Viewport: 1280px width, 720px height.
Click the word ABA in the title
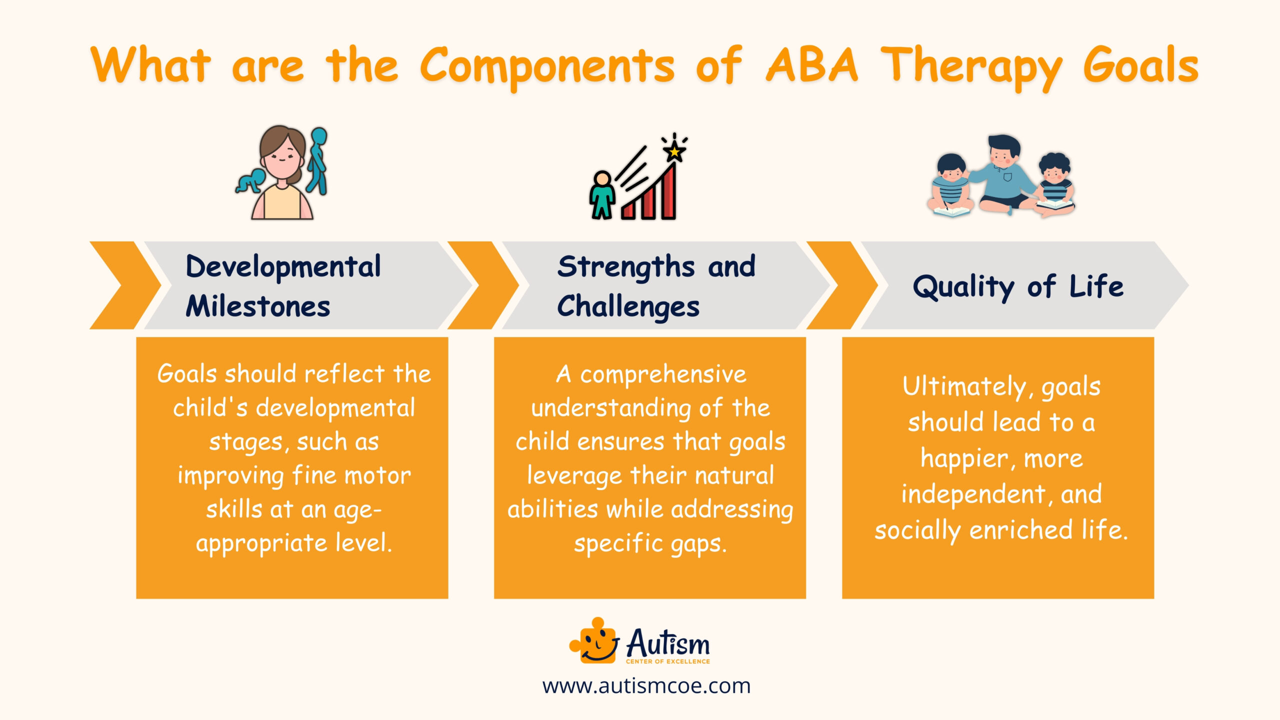point(812,65)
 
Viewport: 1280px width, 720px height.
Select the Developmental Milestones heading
point(283,285)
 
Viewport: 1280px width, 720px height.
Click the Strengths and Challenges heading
point(656,285)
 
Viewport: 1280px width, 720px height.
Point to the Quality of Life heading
point(1018,286)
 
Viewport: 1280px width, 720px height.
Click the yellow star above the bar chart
point(674,150)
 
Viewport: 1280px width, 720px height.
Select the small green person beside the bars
point(602,195)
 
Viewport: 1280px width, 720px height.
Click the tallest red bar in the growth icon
point(668,192)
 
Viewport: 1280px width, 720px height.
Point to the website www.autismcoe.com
point(646,685)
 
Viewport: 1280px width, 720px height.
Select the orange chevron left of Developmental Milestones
point(125,285)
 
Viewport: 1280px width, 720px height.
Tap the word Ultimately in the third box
point(965,386)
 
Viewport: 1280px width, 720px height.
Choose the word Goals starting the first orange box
point(187,373)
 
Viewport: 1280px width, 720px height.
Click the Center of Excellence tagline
point(667,661)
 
